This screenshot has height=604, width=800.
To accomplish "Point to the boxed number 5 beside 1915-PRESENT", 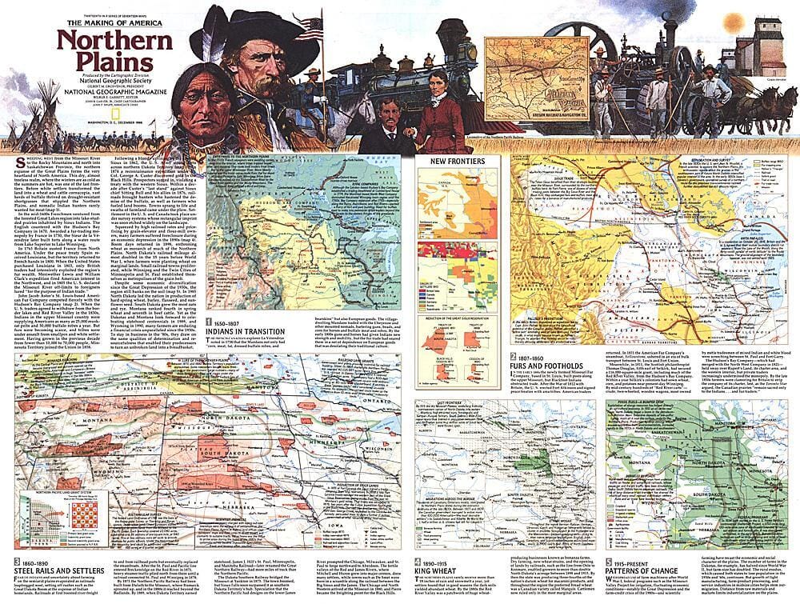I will pyautogui.click(x=610, y=562).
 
